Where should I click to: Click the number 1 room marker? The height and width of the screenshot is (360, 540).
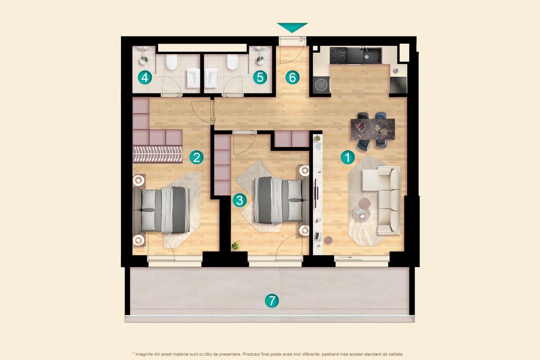click(x=347, y=157)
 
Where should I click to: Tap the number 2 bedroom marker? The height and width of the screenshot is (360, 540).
click(x=196, y=157)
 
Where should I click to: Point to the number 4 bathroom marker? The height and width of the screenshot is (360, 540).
click(x=145, y=78)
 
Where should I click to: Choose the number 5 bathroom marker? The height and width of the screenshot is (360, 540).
click(x=260, y=77)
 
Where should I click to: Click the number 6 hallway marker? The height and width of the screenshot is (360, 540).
click(x=292, y=77)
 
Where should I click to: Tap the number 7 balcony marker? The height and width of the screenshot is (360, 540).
click(x=271, y=301)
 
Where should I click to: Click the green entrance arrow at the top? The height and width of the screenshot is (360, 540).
click(x=292, y=27)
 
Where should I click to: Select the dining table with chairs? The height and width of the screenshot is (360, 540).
click(x=373, y=129)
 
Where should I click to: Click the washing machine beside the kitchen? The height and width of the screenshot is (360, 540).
click(x=321, y=85)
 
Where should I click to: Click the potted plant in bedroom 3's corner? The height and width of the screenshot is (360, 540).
click(x=235, y=246)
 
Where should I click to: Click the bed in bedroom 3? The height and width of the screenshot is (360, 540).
click(x=278, y=200)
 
